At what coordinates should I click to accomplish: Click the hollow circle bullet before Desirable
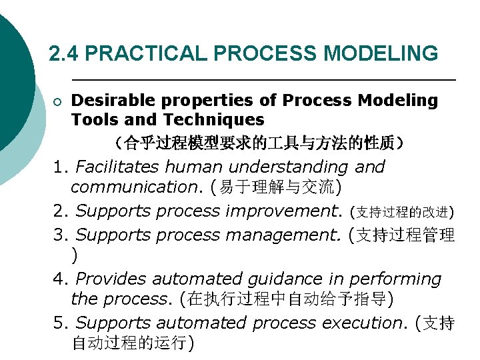coord(58,101)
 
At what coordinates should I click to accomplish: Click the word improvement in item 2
coord(284,211)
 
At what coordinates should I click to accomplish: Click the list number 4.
coord(60,279)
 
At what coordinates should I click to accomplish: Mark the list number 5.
coord(60,323)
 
